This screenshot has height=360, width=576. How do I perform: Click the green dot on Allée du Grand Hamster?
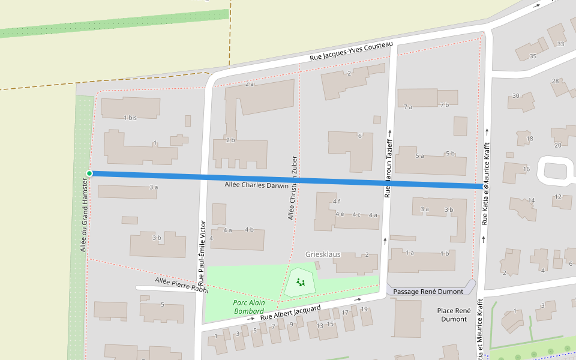[x=89, y=173]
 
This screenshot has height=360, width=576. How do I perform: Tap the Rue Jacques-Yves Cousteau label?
[x=351, y=52]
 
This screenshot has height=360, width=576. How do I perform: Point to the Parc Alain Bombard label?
[x=248, y=307]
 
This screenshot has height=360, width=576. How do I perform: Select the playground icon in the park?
[x=301, y=281]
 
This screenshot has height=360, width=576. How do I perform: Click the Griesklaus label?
[x=323, y=254]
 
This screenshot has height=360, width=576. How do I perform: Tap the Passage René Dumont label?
[x=428, y=292]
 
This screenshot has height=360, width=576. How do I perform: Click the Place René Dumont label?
[x=454, y=314]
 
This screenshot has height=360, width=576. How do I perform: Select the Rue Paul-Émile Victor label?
[x=202, y=252]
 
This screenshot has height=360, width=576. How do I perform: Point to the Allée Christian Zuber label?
[x=293, y=187]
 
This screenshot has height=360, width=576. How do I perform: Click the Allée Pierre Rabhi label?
[x=181, y=285]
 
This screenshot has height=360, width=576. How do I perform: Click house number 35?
[x=533, y=56]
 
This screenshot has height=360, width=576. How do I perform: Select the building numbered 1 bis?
[x=130, y=118]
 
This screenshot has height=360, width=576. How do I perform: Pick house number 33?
[x=561, y=44]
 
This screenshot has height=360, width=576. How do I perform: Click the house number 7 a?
[x=408, y=106]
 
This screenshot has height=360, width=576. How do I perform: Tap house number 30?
[x=515, y=96]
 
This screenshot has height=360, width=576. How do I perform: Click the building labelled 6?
[x=359, y=136]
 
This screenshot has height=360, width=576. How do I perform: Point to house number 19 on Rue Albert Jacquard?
[x=364, y=309]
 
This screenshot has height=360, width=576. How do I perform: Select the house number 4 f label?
[x=337, y=201]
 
